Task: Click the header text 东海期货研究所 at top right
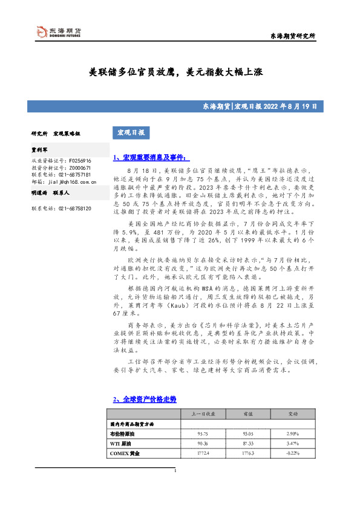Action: tap(293, 36)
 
